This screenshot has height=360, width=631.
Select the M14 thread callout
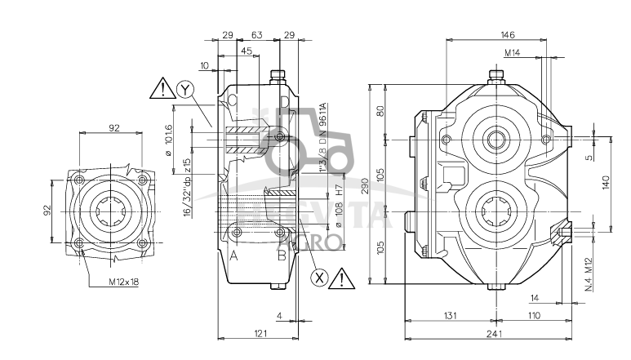click(x=513, y=53)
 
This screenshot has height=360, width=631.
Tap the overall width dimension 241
click(x=491, y=334)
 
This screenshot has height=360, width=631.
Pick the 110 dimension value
click(x=534, y=315)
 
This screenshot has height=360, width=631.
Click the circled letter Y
click(x=187, y=90)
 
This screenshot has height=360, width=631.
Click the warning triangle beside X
click(x=344, y=278)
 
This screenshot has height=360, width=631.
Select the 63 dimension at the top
click(x=256, y=34)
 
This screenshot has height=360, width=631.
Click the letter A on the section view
click(x=233, y=256)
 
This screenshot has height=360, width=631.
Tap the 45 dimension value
click(x=246, y=51)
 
